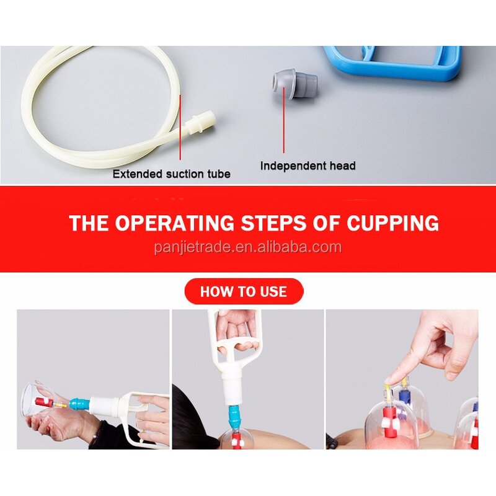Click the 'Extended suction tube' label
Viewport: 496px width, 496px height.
point(171,174)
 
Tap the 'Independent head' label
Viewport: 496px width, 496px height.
point(308,166)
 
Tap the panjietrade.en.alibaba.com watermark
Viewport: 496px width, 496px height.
point(247,247)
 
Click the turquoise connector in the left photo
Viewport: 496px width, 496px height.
point(78,404)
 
